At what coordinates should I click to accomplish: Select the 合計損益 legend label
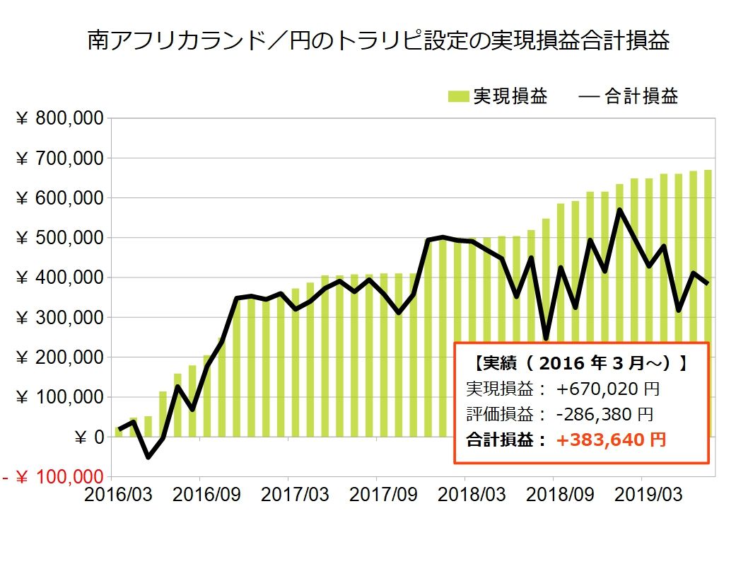pos(641,97)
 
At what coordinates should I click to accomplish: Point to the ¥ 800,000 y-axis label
pos(61,119)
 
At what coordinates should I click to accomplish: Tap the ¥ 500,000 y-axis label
pos(61,239)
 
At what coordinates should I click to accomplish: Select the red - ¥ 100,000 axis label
pos(53,478)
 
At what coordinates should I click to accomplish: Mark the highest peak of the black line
pos(619,210)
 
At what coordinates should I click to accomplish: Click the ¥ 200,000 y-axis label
pos(61,358)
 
